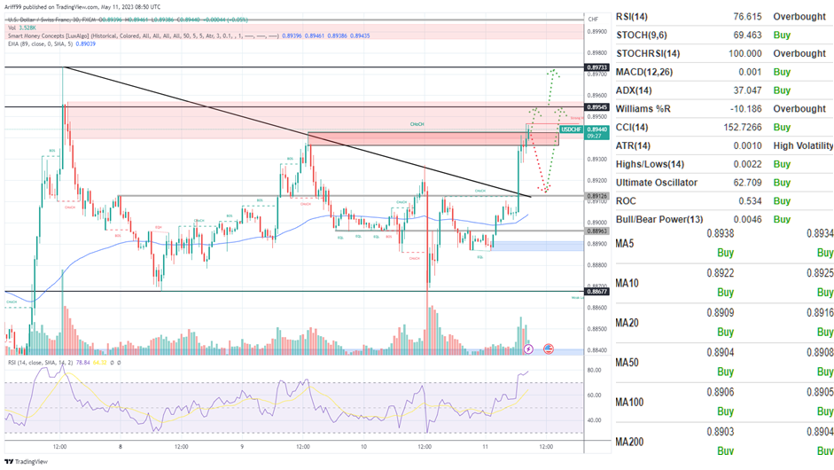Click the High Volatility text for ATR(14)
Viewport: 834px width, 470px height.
tap(803, 145)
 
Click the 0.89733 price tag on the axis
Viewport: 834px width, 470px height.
tap(597, 67)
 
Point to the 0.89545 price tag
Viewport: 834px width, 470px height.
tap(597, 107)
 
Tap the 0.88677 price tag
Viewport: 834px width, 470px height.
tap(597, 291)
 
